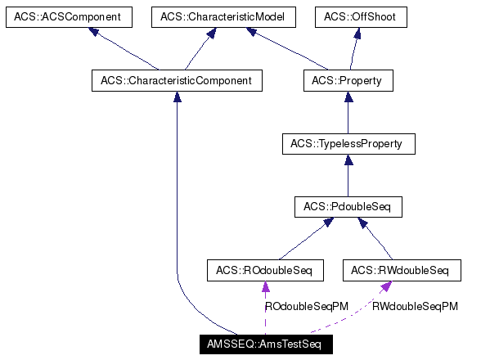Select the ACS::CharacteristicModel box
tap(211, 17)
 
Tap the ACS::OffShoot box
tap(361, 17)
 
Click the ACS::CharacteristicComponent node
tap(177, 80)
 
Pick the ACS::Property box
tap(348, 80)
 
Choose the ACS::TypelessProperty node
tap(348, 144)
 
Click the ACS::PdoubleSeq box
tap(348, 207)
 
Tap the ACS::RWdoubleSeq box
tap(400, 270)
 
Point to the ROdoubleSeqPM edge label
tap(307, 306)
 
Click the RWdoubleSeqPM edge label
tap(415, 306)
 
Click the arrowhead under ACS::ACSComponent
tap(95, 33)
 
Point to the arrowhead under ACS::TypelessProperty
tap(348, 160)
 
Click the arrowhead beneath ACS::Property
tap(348, 97)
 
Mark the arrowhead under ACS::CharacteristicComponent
tap(177, 97)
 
